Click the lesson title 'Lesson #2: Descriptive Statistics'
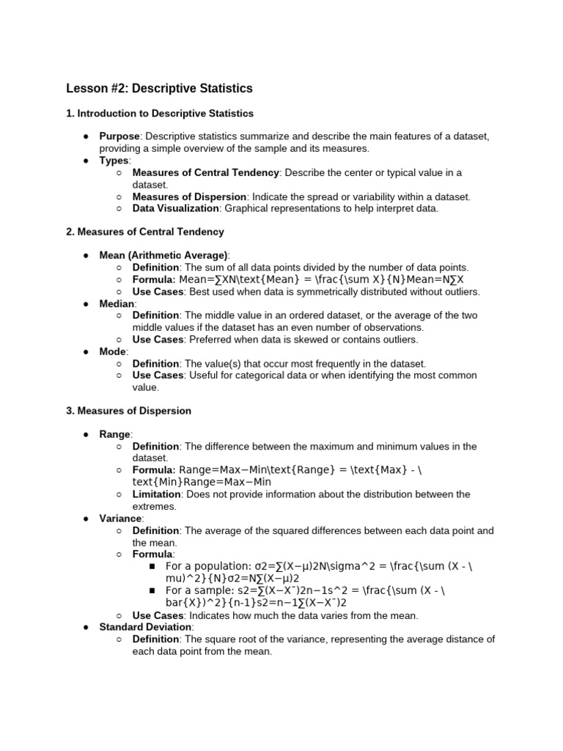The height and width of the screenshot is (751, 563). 159,89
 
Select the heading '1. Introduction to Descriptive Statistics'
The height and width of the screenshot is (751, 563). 159,114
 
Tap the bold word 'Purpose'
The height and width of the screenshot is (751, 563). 119,136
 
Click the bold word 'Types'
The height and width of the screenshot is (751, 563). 114,161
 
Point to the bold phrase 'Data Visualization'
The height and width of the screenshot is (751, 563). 175,208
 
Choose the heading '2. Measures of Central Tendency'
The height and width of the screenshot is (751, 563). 144,232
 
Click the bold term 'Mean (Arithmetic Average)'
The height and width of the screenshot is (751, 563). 163,255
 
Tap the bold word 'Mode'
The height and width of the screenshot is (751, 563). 113,351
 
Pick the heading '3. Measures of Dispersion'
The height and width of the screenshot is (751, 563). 128,411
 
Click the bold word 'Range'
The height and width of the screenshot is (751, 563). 115,435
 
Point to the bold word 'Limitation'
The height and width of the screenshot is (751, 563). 157,494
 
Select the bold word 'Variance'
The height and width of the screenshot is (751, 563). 121,519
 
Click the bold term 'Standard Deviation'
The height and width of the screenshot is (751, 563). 146,627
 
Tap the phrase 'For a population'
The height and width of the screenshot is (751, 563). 207,566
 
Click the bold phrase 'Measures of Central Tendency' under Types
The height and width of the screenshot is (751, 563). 205,172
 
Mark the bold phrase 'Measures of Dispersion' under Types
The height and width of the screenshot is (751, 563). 189,197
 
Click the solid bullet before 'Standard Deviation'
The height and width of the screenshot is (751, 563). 86,627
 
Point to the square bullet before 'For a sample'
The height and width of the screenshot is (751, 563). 152,590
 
